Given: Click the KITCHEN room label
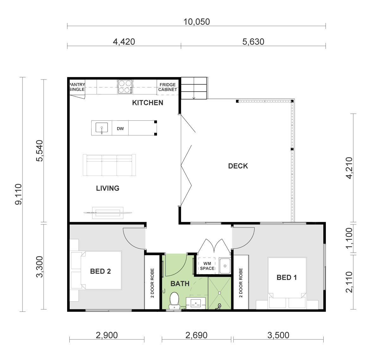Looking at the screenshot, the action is pos(148,103).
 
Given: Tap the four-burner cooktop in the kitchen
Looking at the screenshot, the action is pos(125,87).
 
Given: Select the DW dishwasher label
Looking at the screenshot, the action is pos(120,129).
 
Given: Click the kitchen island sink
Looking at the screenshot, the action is pos(102,128).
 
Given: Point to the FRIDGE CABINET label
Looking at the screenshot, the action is pos(168,87).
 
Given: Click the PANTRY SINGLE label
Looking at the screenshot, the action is pos(77,87).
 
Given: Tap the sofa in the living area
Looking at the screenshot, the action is pos(109,165).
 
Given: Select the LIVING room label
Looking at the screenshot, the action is pos(108,188).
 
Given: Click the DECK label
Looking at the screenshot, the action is pos(238,166).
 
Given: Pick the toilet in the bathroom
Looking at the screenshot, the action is pos(174,301).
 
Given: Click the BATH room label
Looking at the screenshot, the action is pos(180,284).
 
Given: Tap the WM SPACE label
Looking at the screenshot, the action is pos(207,266).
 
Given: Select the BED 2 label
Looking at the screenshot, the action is pos(100,271).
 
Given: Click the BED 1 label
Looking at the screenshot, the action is pos(287,278).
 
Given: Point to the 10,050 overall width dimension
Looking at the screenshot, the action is pos(197,22).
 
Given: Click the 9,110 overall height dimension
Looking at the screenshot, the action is pos(19,194).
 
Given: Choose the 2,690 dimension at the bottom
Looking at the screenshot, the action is pos(196,335).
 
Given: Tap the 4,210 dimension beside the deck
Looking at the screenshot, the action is pos(350,168).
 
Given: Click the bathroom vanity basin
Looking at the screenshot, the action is pos(196,303).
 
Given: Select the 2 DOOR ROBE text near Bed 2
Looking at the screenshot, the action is pos(152,283).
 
